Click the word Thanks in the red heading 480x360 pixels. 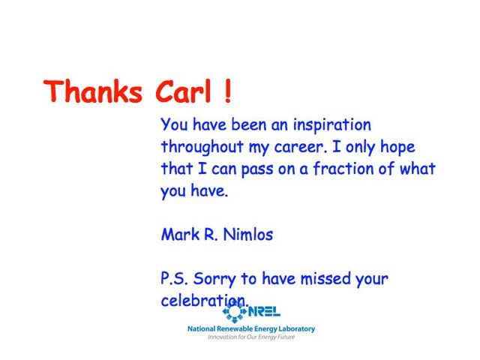tap(93, 91)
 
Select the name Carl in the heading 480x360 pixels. tap(183, 91)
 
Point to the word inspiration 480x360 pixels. tap(331, 125)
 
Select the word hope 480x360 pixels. tap(397, 147)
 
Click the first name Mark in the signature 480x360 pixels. tap(180, 235)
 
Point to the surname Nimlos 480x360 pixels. tap(248, 235)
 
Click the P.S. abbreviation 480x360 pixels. tap(174, 278)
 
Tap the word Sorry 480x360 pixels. tap(214, 279)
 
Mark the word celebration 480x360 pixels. tap(205, 300)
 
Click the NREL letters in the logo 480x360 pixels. tap(265, 312)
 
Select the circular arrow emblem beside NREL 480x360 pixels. tap(235, 311)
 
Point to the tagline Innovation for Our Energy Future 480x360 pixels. tap(251, 337)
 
